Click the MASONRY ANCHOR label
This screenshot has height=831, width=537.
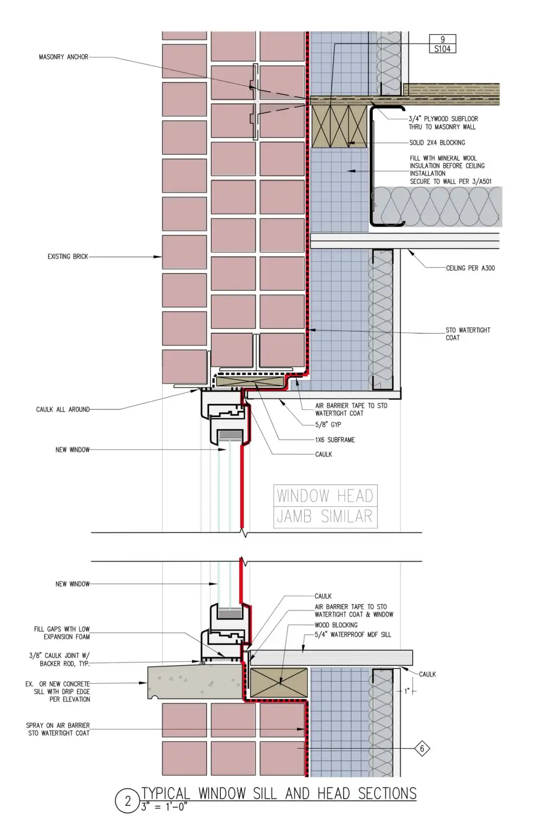point(63,57)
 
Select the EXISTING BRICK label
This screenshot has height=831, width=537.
point(68,256)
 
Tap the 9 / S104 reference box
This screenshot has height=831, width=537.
point(442,44)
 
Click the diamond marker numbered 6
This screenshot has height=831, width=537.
point(422,749)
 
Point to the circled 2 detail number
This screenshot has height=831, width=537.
point(128,801)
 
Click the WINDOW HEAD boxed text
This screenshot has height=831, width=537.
point(325,496)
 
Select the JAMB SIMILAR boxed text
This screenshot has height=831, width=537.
point(325,516)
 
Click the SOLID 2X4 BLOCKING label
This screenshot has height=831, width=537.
point(437,143)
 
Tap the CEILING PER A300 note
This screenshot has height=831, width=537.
point(470,268)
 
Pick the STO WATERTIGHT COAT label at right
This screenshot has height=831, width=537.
point(467,334)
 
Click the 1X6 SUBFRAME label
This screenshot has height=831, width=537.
point(335,440)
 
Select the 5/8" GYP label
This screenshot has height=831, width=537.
point(328,424)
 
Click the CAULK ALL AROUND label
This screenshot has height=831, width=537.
point(63,409)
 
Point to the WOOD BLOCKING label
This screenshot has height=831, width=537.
point(336,625)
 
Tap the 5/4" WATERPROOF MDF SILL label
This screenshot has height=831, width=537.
point(352,634)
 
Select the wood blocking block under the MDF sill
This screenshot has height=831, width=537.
point(278,682)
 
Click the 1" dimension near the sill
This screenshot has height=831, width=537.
point(407,691)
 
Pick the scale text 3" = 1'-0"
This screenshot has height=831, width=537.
point(164,807)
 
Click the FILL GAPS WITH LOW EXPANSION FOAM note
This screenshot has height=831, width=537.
point(62,633)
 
